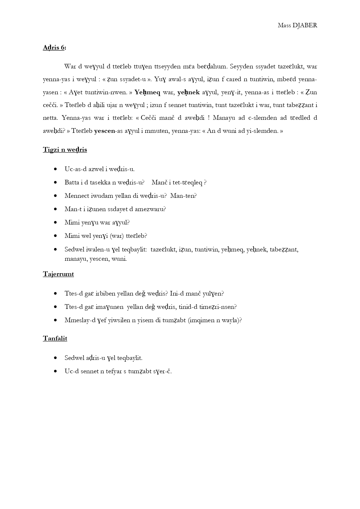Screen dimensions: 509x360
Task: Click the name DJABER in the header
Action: click(305, 25)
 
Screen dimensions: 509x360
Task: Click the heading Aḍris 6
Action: click(54, 48)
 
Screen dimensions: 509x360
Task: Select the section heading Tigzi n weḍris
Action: click(65, 150)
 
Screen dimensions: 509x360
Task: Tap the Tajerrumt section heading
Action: click(58, 274)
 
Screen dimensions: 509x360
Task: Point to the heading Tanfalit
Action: click(55, 338)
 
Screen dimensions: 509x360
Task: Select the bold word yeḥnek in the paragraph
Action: click(189, 92)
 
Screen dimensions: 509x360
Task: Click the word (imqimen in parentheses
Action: click(201, 320)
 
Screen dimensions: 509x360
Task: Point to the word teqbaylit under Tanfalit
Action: click(130, 358)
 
